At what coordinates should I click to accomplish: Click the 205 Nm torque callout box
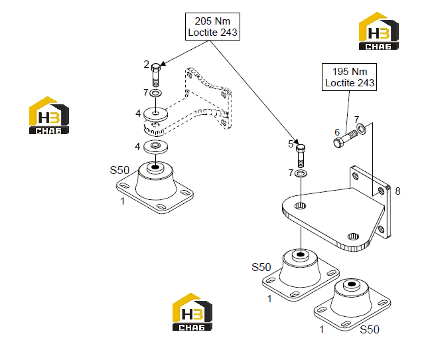(x=212, y=27)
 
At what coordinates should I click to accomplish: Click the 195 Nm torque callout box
(x=349, y=77)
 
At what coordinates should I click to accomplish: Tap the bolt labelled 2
(x=156, y=75)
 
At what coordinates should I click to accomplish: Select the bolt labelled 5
(x=301, y=155)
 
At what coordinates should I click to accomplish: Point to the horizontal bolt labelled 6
(x=346, y=139)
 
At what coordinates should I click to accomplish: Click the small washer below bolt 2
(x=156, y=93)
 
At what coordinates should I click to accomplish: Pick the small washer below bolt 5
(x=301, y=173)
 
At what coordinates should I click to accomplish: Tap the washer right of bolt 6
(x=362, y=129)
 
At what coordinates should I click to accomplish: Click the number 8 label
(x=397, y=191)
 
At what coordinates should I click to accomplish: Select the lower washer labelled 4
(x=156, y=147)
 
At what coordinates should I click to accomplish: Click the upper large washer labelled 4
(x=156, y=114)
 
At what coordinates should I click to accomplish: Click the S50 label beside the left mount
(x=119, y=170)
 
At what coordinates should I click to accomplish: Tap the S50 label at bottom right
(x=370, y=329)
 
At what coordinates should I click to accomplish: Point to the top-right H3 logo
(x=378, y=31)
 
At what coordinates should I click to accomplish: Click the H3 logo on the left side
(x=49, y=116)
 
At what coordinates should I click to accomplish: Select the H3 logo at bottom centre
(x=192, y=312)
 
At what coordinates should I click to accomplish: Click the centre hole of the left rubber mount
(x=156, y=167)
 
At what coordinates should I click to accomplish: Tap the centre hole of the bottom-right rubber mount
(x=352, y=284)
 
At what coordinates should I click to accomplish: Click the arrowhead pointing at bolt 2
(x=163, y=64)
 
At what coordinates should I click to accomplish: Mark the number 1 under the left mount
(x=123, y=201)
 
